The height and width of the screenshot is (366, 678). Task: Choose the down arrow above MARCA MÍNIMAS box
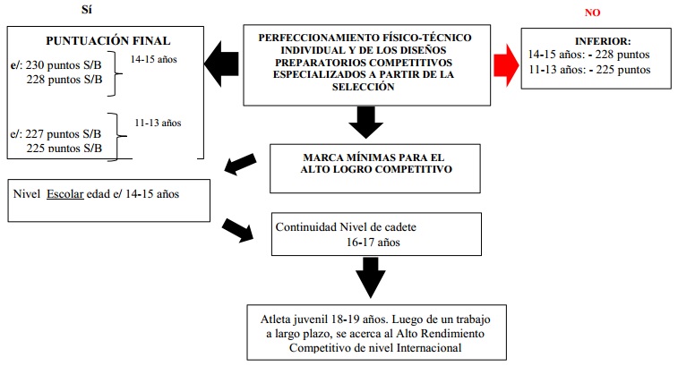366,121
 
